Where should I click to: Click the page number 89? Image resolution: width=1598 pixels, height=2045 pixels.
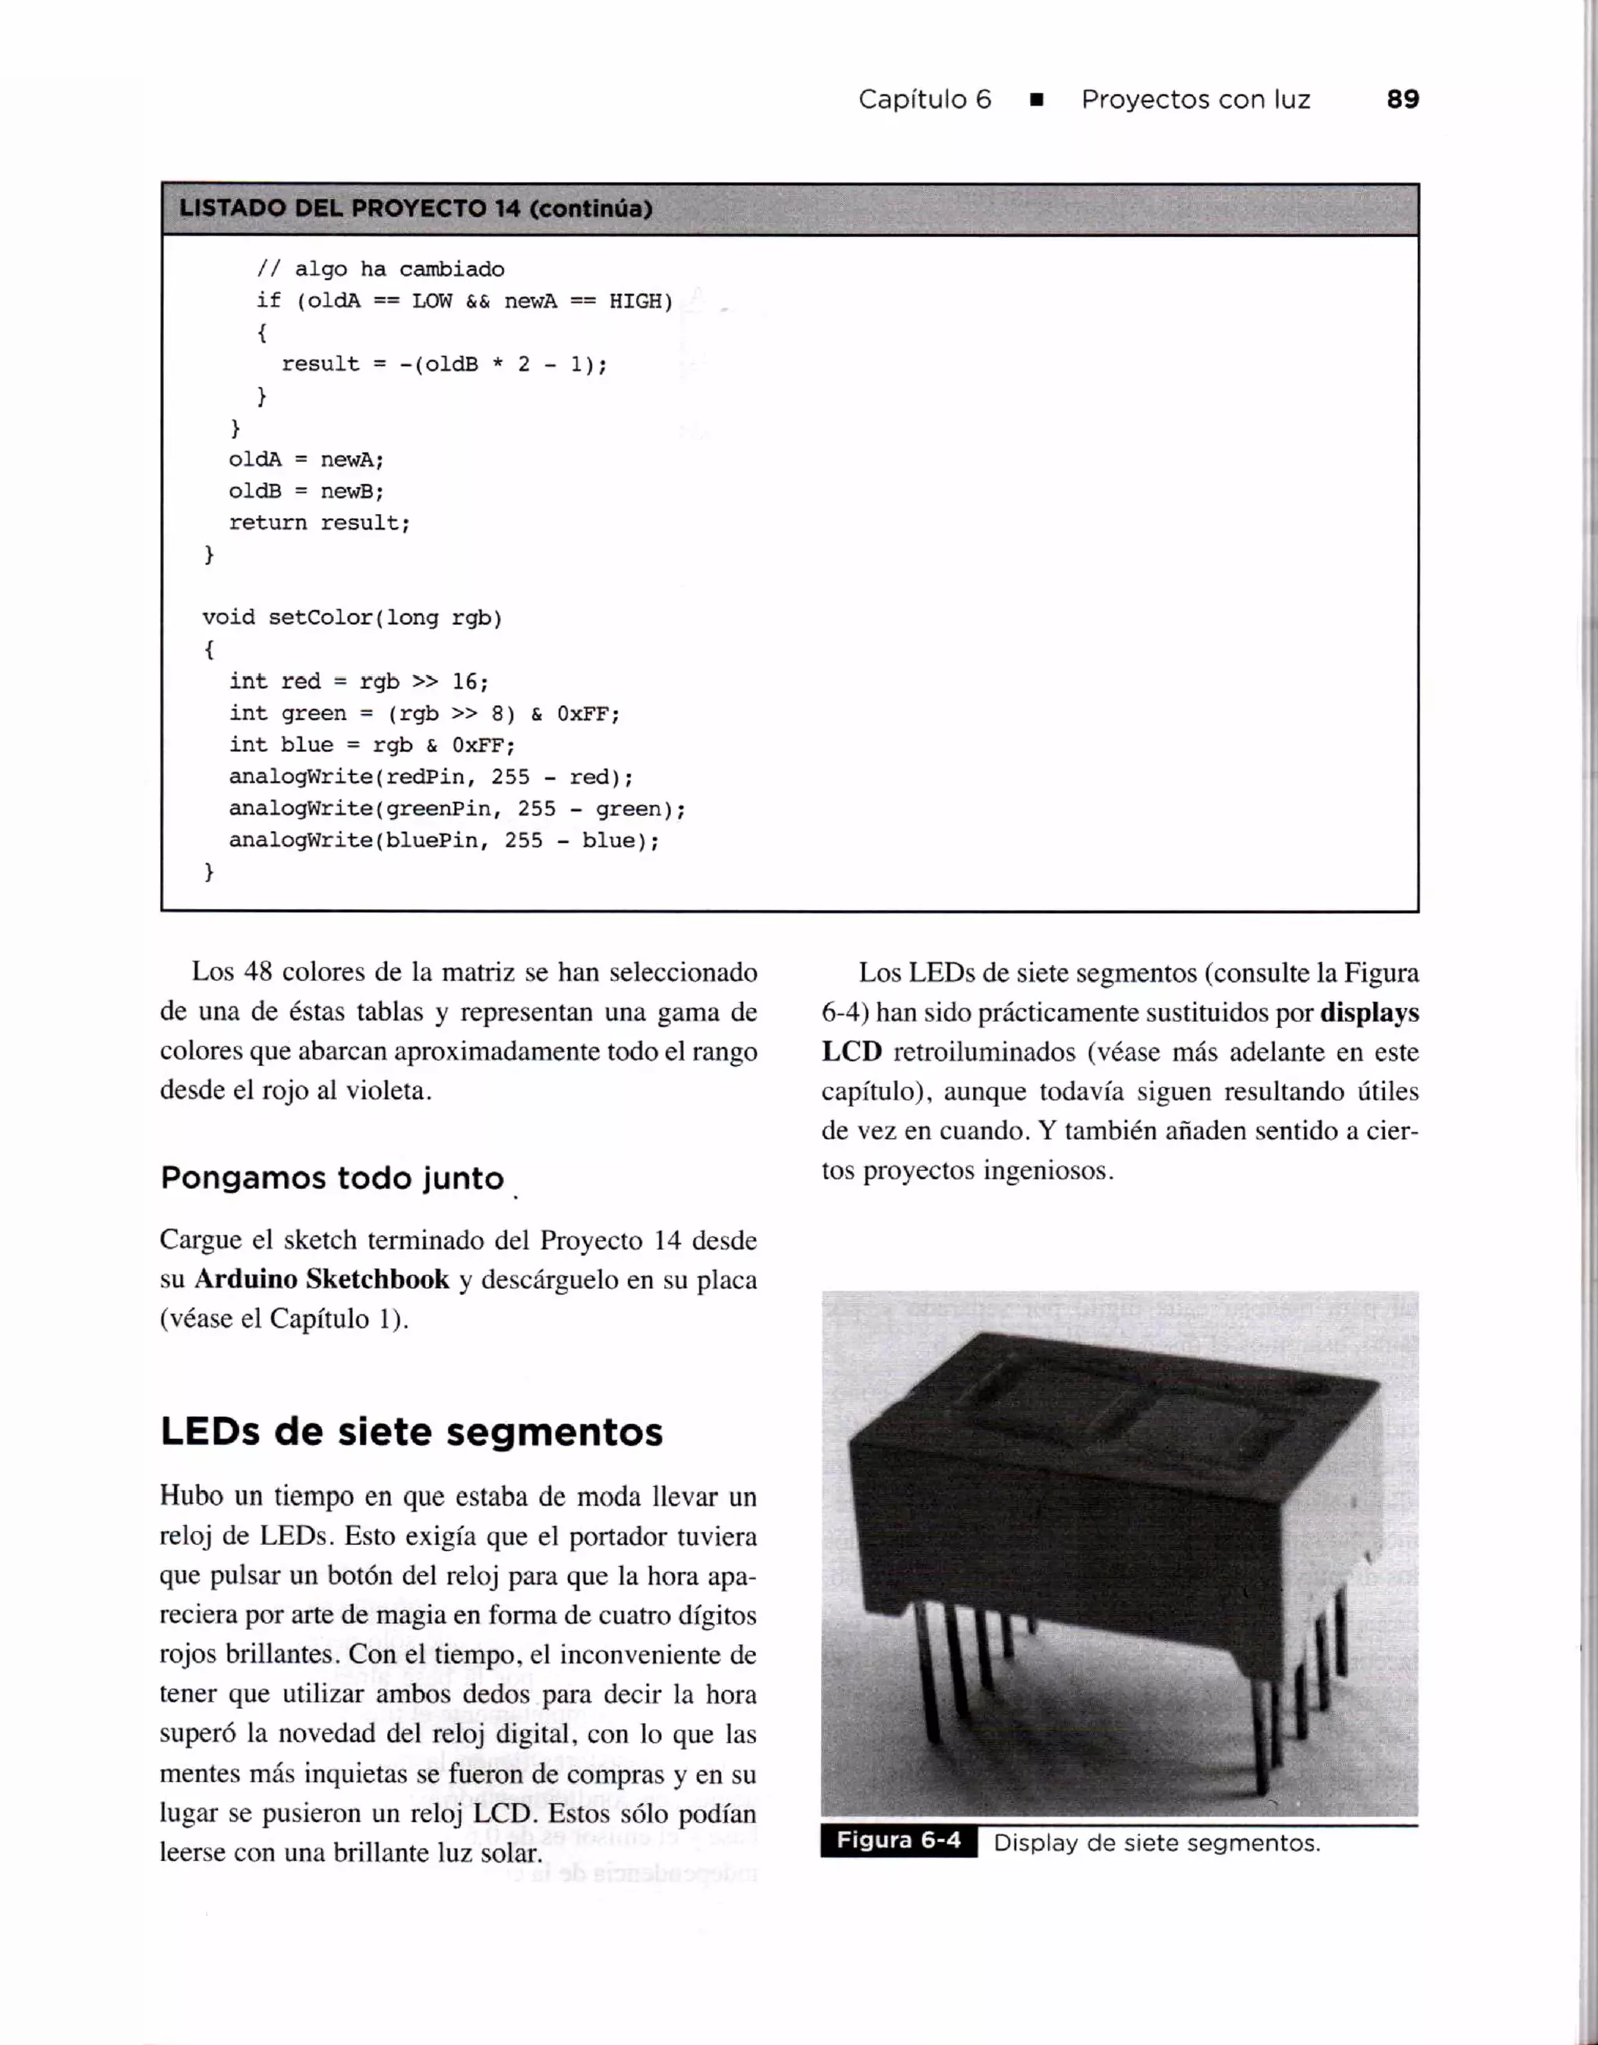[1402, 99]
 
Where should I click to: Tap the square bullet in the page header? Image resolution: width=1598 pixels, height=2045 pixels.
[1036, 100]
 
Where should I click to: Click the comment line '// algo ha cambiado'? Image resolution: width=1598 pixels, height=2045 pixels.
[380, 270]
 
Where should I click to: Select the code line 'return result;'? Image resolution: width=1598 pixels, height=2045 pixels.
[319, 523]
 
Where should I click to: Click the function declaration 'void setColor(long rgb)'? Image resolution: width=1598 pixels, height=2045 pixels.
[352, 618]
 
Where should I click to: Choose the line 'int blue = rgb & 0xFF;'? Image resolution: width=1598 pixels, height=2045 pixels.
[371, 745]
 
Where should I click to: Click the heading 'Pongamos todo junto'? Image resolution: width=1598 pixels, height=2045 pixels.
[332, 1178]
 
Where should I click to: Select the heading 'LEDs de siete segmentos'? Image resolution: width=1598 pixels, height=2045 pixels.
[411, 1432]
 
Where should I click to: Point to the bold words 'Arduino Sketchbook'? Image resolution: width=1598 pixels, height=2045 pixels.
[321, 1279]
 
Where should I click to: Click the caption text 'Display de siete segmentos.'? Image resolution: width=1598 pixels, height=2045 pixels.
[1156, 1843]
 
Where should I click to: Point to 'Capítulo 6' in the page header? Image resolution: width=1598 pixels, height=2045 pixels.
[924, 100]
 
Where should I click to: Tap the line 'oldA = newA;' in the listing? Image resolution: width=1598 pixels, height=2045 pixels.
[306, 460]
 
